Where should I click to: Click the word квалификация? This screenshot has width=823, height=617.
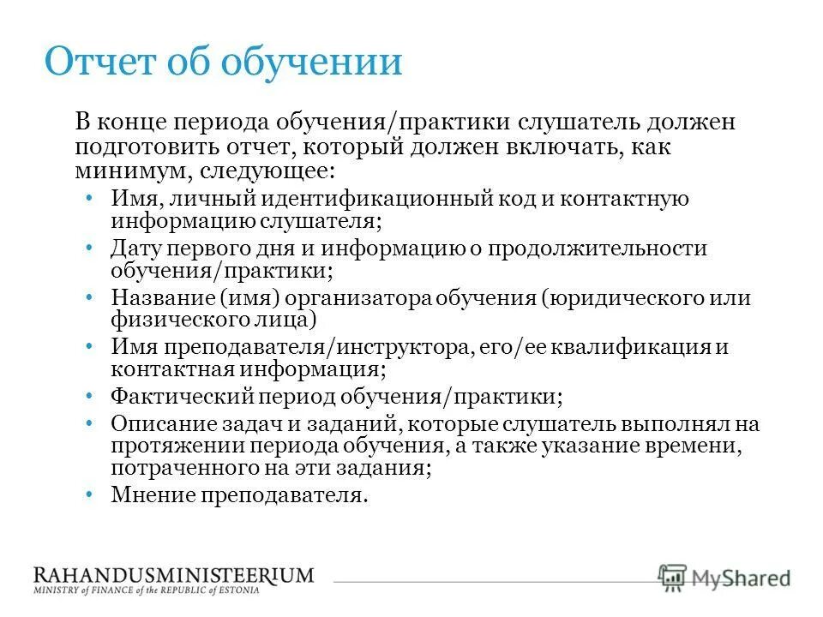tap(638, 348)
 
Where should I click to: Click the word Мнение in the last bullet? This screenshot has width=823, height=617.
tap(151, 495)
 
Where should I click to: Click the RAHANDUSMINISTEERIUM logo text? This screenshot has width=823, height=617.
tap(173, 575)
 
